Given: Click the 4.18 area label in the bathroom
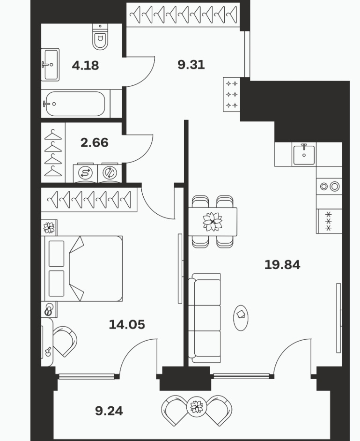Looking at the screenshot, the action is click(85, 66).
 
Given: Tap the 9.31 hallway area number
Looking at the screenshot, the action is click(191, 65).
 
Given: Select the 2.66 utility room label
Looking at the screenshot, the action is click(95, 142).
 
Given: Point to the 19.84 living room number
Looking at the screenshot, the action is click(282, 265).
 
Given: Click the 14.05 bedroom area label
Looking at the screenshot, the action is click(127, 324).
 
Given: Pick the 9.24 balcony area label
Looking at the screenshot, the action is click(109, 411).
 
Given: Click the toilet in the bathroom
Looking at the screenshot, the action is click(100, 37).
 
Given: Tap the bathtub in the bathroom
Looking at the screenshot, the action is click(75, 104).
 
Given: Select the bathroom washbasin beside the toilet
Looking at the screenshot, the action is click(50, 65).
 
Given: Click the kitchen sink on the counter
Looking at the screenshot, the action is click(304, 154).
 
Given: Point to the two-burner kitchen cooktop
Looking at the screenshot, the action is click(330, 186).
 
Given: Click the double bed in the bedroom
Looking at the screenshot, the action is click(82, 269).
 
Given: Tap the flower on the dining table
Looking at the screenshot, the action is click(213, 222).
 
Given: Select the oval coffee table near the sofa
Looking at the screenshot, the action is click(241, 318).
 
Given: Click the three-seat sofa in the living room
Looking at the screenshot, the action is click(204, 318).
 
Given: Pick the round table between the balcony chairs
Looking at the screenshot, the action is click(197, 406).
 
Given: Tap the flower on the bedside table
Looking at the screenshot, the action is click(49, 228).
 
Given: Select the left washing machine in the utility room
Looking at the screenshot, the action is click(85, 172).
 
